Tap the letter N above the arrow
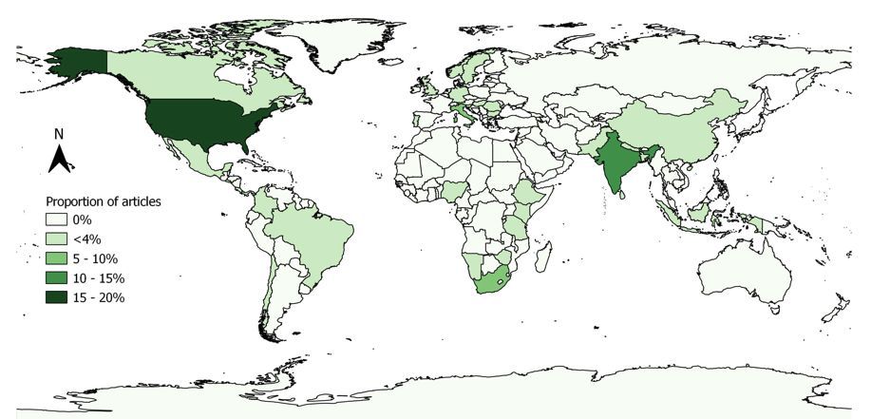[59, 135]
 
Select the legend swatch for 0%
[62, 220]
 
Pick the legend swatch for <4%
[62, 239]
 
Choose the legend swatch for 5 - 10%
[62, 258]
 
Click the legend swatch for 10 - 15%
[62, 278]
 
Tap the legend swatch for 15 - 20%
[62, 297]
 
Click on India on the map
[615, 162]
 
